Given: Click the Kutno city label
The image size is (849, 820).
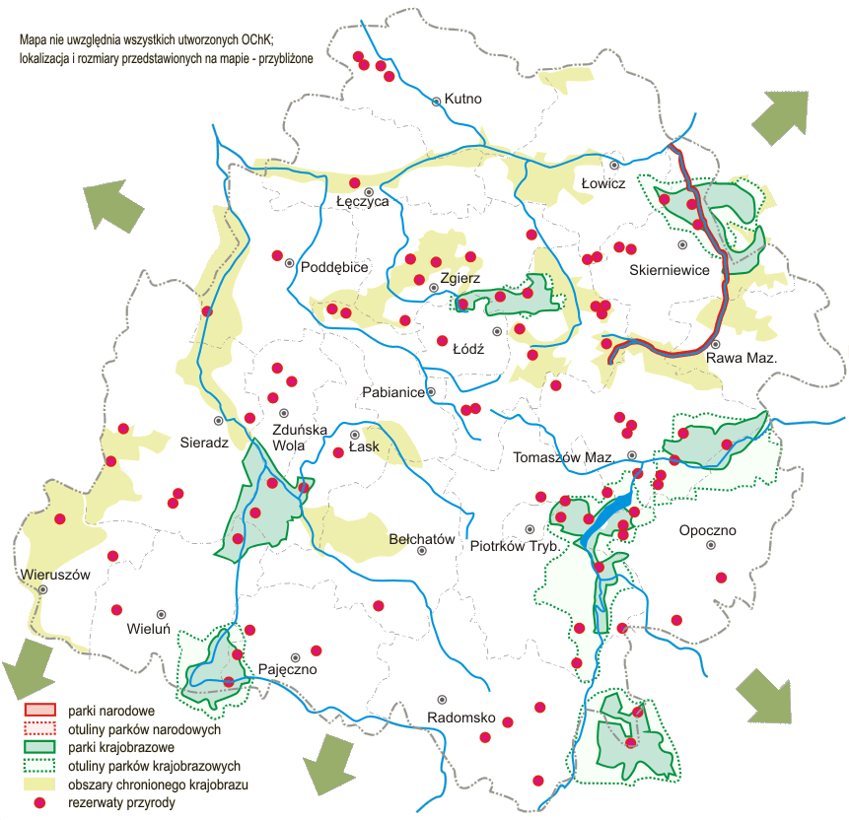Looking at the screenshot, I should [x=462, y=99].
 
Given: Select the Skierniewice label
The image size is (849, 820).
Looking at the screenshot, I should [x=669, y=270].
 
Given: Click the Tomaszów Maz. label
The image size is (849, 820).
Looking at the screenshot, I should [x=563, y=458].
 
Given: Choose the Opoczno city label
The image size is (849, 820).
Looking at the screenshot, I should [x=707, y=531].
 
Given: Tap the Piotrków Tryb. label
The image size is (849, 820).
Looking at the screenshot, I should [x=515, y=545].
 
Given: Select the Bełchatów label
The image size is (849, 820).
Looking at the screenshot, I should [x=421, y=539].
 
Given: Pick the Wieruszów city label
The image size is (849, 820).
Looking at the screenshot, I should [x=55, y=574].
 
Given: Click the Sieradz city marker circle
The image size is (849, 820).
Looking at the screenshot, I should [x=219, y=420].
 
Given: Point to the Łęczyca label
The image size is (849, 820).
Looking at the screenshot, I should [x=362, y=202].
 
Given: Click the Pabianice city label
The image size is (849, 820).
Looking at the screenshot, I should [x=393, y=392].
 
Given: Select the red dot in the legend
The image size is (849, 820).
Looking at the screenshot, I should [x=40, y=803].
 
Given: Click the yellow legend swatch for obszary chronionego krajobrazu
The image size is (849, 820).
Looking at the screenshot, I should [x=40, y=785].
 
